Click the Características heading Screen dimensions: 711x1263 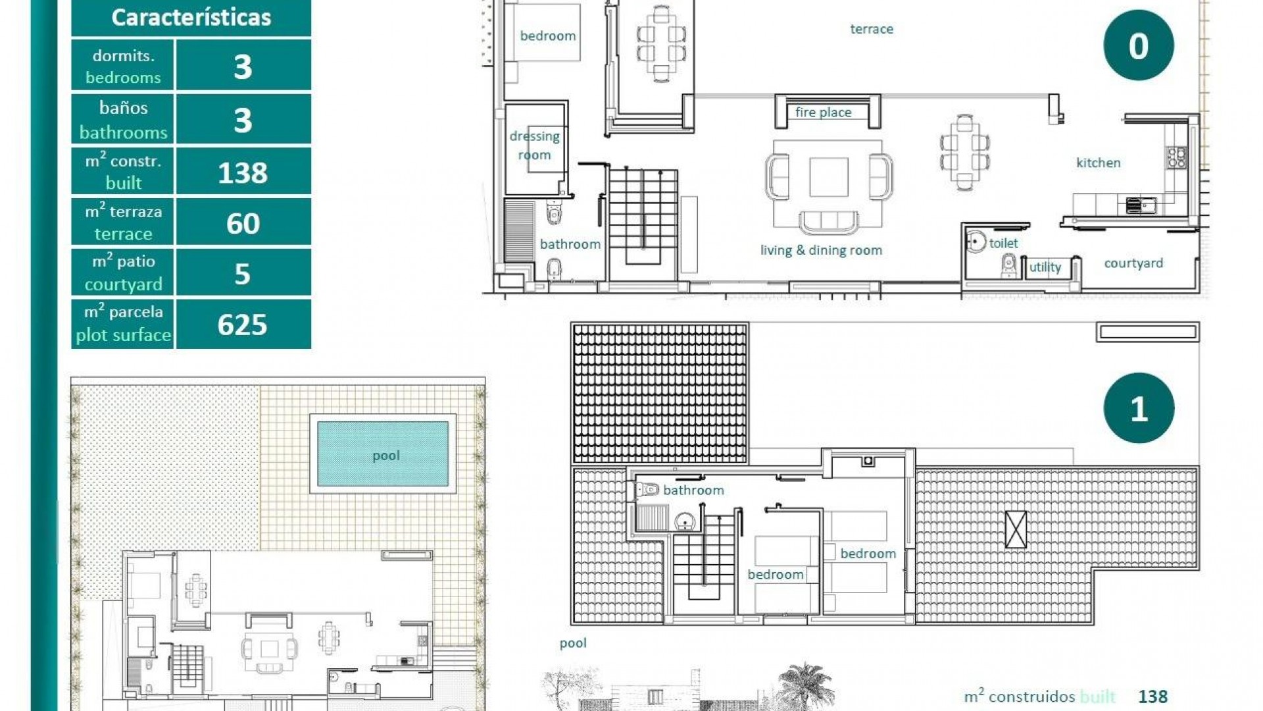click(x=191, y=18)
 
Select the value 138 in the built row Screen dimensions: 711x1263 click(x=243, y=172)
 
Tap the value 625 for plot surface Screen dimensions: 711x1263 click(x=243, y=325)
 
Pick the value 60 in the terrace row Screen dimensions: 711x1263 click(x=243, y=224)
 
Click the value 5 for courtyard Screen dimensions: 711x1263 click(x=243, y=274)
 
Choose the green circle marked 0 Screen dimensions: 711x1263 click(x=1138, y=45)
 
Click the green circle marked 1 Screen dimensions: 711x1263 click(x=1138, y=408)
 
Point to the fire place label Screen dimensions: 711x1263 click(x=823, y=113)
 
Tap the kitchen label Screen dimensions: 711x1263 click(x=1098, y=163)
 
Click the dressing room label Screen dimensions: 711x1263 click(x=534, y=145)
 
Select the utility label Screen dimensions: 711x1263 click(x=1045, y=267)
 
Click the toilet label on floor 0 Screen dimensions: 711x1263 click(x=1003, y=243)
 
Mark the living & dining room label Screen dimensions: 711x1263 click(x=821, y=250)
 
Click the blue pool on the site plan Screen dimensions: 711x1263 click(x=384, y=454)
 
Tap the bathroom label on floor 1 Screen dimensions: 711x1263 click(x=693, y=490)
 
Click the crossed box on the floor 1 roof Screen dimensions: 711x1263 click(x=1016, y=529)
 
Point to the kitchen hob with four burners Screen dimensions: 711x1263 click(x=1177, y=157)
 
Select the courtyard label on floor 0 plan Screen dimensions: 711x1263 click(x=1133, y=263)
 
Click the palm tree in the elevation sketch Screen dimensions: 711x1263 click(x=806, y=685)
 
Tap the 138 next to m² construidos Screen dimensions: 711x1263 click(x=1152, y=697)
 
